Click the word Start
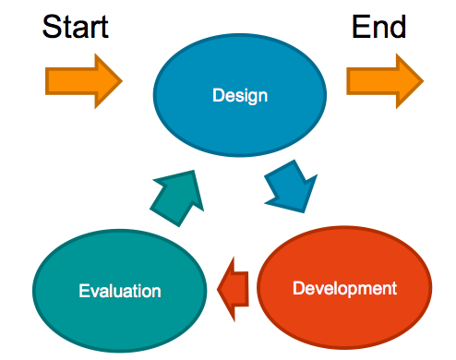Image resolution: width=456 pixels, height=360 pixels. point(76,27)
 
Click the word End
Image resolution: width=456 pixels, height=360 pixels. point(378,27)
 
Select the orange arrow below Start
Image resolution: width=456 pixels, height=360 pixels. point(84,81)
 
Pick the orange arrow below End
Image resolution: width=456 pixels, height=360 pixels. point(385,81)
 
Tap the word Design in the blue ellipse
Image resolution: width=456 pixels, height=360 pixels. point(240,96)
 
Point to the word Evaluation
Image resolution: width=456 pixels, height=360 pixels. point(120,291)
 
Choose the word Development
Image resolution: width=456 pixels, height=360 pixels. point(344,289)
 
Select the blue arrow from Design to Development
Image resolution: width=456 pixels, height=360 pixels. point(291,186)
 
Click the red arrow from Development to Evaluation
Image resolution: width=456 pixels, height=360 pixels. point(233,289)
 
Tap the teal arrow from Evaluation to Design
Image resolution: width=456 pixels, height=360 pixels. point(177,198)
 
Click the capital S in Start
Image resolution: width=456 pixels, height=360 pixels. point(51,27)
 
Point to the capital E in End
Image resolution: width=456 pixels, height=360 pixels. point(360,27)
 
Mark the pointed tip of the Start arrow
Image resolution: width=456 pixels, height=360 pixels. point(123,81)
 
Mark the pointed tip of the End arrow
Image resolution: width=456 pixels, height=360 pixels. point(424,81)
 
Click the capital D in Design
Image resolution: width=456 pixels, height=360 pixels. point(218,95)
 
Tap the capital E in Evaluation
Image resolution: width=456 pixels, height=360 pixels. point(84,291)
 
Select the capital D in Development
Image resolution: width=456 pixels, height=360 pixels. point(298,288)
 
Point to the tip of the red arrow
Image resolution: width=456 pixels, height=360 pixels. point(217,289)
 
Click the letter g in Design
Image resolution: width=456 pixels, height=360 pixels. point(250,98)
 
